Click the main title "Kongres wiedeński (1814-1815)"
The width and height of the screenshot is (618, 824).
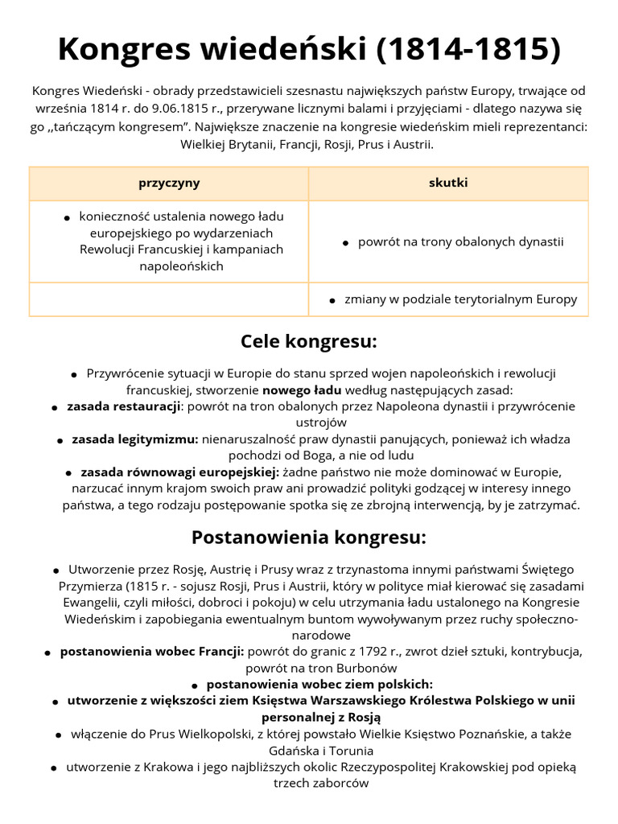click(309, 50)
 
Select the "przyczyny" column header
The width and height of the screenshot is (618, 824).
click(169, 183)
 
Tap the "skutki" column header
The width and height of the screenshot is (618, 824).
click(448, 183)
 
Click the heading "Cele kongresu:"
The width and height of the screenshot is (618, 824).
click(309, 341)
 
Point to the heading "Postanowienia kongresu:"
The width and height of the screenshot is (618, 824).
click(309, 537)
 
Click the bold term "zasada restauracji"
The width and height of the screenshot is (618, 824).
click(123, 406)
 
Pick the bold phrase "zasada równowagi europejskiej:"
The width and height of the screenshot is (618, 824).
click(180, 472)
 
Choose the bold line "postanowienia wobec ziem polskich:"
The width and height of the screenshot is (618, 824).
click(319, 684)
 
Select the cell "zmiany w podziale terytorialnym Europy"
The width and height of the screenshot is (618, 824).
click(460, 299)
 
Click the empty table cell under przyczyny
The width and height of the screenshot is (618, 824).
click(169, 299)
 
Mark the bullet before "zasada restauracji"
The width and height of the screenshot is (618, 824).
click(55, 408)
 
